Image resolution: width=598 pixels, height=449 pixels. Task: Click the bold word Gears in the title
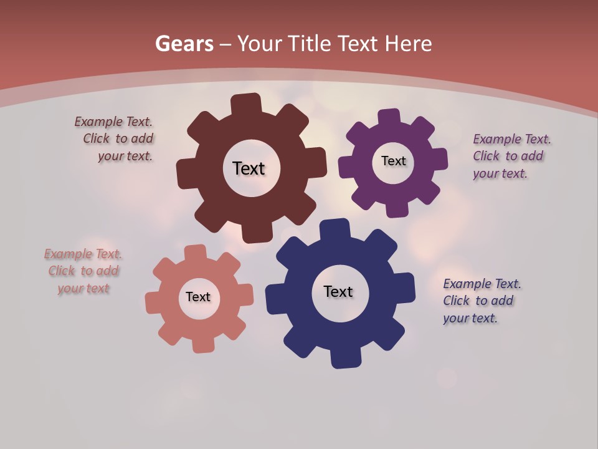pos(184,44)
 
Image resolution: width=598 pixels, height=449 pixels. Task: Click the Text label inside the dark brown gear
pos(249,168)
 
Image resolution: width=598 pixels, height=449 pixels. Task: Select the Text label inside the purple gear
pos(393,161)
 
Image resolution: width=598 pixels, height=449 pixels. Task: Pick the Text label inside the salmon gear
pos(198,297)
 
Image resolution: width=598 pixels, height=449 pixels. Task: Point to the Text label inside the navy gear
pos(338,291)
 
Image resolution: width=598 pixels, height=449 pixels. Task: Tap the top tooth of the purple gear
pos(389,118)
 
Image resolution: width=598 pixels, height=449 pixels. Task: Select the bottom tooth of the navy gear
pos(345,358)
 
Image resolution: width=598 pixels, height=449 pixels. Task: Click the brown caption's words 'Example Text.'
pos(113,122)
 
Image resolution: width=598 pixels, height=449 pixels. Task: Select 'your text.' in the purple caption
pos(500,173)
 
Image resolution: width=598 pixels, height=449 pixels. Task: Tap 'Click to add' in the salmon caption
pos(83,271)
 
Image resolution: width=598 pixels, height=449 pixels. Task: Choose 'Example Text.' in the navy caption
pos(482,284)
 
